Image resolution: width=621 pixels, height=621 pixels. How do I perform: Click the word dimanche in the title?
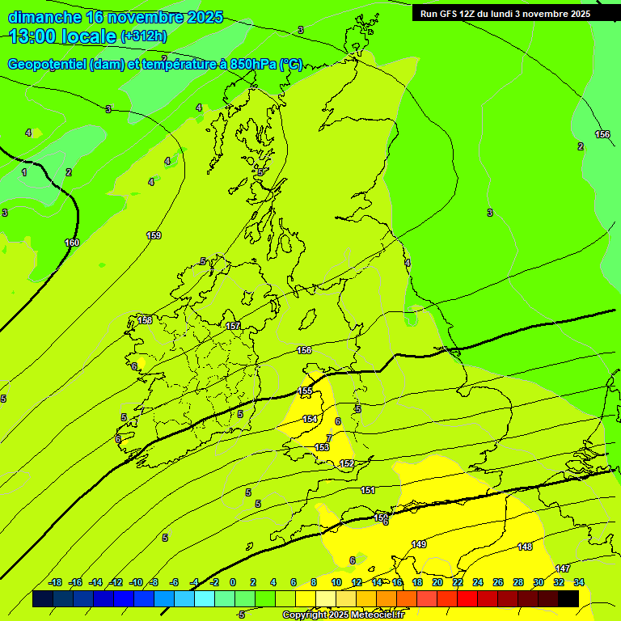point(43,17)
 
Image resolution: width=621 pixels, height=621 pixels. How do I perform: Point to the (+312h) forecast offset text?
point(144,36)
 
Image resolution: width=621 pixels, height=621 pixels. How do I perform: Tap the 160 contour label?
point(72,243)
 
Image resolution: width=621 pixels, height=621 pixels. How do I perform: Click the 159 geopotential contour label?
point(154,235)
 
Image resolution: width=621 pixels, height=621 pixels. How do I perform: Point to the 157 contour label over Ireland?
point(233,326)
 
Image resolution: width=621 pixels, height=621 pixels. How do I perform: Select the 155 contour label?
point(305,391)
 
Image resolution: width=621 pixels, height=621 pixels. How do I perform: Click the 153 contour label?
point(322,447)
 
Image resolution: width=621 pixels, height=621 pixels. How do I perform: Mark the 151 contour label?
point(368,491)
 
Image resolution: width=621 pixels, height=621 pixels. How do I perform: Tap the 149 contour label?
point(419,544)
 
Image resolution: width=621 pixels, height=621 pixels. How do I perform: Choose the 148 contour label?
point(525,547)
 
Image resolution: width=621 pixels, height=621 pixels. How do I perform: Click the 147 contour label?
point(563,568)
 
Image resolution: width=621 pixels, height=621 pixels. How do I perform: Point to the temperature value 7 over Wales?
point(329,437)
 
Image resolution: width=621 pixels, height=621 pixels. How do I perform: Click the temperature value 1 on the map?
point(24,172)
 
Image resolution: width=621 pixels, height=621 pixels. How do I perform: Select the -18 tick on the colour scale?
point(56,582)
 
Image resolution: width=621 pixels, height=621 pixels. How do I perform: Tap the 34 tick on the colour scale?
point(579,582)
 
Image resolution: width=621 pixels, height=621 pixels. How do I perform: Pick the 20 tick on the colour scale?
point(437,582)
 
